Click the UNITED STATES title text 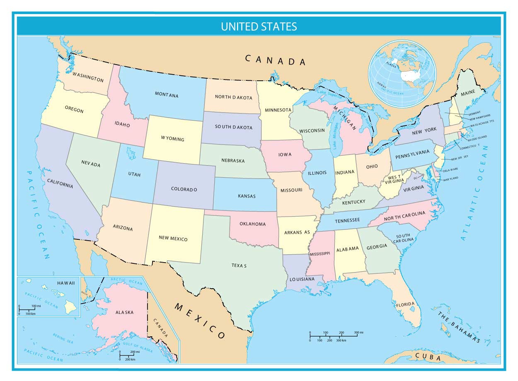(259, 27)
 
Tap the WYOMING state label (172, 139)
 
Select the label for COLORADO (184, 189)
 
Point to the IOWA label (285, 154)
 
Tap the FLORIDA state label (405, 305)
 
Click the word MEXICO (200, 321)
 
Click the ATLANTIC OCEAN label (474, 193)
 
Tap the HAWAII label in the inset (66, 283)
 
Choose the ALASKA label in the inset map (124, 312)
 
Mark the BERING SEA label (63, 338)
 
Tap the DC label (416, 178)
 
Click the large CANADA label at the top (276, 60)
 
